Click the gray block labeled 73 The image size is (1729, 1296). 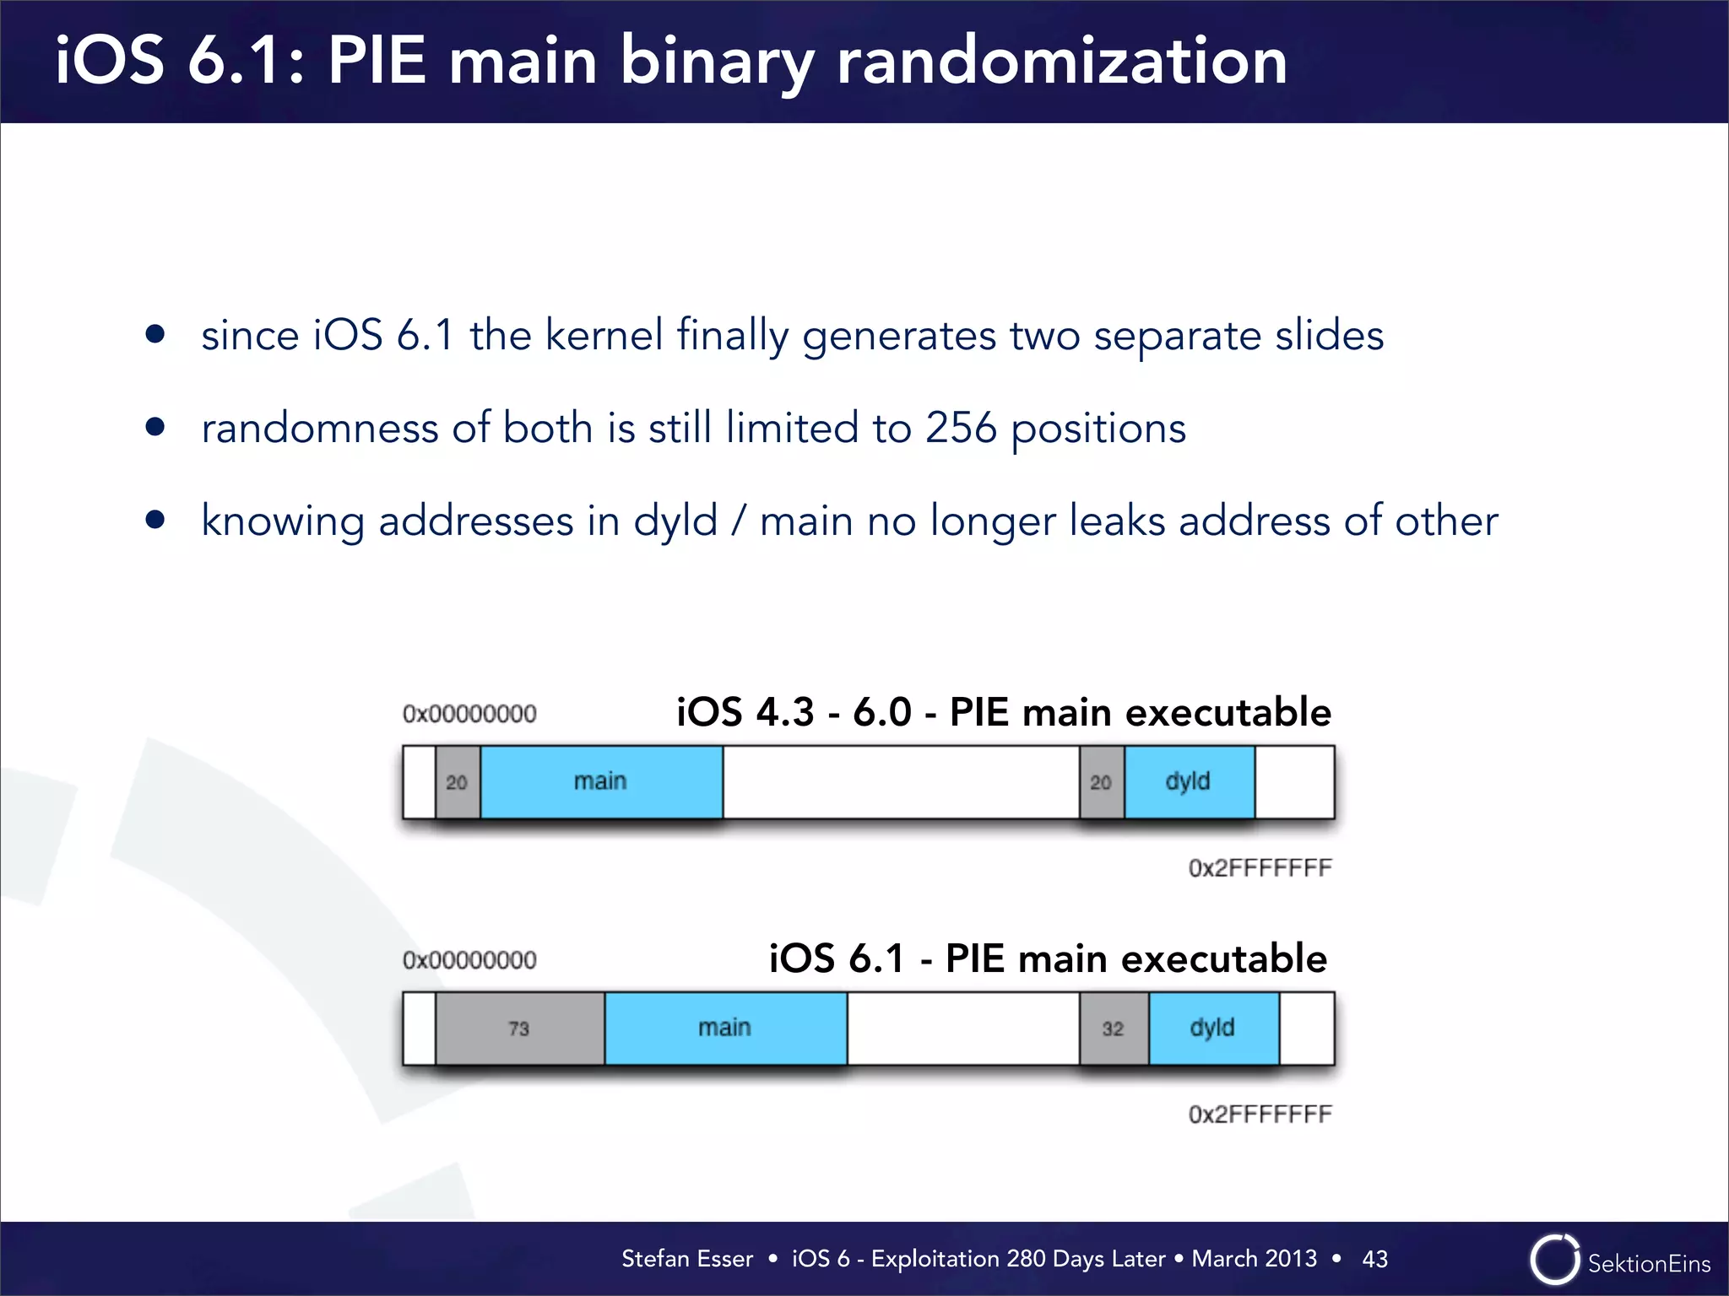tap(519, 1029)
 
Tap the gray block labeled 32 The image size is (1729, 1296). tap(1114, 1029)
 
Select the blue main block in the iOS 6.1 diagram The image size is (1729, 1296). tap(725, 1029)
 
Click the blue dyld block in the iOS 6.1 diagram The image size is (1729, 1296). tap(1213, 1029)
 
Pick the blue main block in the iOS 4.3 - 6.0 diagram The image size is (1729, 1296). tap(601, 782)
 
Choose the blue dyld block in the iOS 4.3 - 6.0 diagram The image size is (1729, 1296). tap(1189, 782)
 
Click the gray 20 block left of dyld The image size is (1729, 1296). tap(1101, 782)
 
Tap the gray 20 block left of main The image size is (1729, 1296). tap(457, 782)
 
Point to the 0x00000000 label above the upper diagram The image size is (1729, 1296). tap(469, 714)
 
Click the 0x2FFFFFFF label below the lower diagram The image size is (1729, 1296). tap(1260, 1115)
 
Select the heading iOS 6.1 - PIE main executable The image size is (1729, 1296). tap(1047, 959)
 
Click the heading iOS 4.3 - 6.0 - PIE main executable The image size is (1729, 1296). tap(1003, 713)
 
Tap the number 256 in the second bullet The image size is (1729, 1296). tap(961, 428)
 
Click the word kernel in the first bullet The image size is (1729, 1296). tap(604, 335)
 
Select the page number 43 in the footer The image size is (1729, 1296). tap(1374, 1259)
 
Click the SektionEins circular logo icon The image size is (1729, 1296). tap(1554, 1260)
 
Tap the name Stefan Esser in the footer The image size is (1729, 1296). tap(686, 1259)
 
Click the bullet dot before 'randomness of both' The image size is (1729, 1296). tap(154, 427)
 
